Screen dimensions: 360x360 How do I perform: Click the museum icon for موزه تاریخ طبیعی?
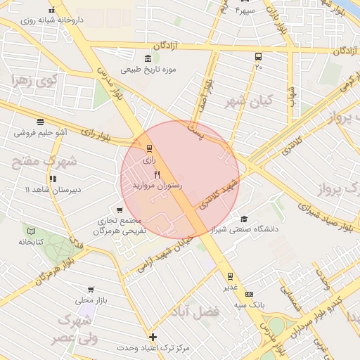click(147, 58)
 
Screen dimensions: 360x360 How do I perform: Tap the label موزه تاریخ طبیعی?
click(148, 70)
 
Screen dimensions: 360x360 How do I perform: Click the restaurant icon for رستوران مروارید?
click(157, 174)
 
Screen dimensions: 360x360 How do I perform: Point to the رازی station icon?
click(148, 148)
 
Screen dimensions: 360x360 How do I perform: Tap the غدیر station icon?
click(230, 276)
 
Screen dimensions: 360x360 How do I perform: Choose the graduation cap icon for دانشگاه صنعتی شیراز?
click(244, 219)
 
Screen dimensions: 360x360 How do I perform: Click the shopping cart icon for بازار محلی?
click(91, 290)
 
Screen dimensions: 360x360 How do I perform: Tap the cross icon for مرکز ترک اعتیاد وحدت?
click(153, 337)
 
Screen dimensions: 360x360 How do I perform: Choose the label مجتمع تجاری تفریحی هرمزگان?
click(121, 225)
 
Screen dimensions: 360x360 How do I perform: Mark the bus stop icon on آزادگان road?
click(258, 57)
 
